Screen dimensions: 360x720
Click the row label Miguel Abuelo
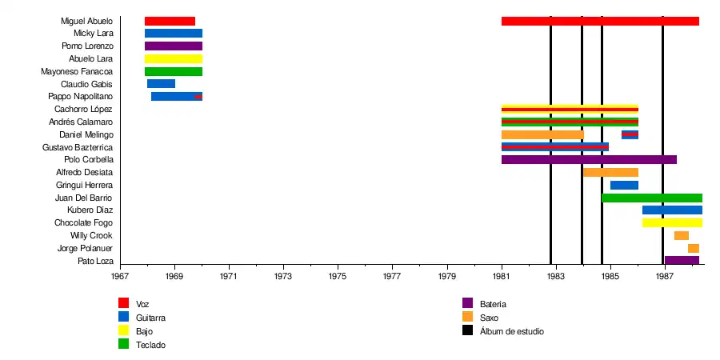coord(86,21)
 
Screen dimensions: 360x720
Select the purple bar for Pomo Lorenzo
coord(173,46)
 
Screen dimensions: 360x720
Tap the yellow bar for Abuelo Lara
coord(173,59)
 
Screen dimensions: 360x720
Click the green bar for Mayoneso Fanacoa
coord(173,72)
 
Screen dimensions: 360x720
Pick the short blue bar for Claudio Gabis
coord(161,84)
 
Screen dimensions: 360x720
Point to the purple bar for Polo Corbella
coord(589,160)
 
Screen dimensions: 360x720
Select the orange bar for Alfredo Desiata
coord(610,172)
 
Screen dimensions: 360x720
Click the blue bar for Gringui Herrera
coord(624,185)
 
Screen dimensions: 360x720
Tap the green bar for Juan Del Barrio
coord(652,198)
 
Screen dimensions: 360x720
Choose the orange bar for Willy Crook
coord(681,235)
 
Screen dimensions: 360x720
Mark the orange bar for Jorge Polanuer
coord(693,248)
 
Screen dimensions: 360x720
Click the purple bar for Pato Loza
coord(682,260)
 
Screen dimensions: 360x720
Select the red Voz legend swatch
coord(123,303)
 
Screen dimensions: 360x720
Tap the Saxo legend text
coord(490,318)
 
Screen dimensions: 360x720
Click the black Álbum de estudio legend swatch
coord(468,330)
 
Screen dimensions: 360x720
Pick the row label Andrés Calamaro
coord(81,122)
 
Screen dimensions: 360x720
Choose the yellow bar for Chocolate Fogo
coord(672,222)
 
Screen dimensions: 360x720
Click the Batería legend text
coord(493,304)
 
